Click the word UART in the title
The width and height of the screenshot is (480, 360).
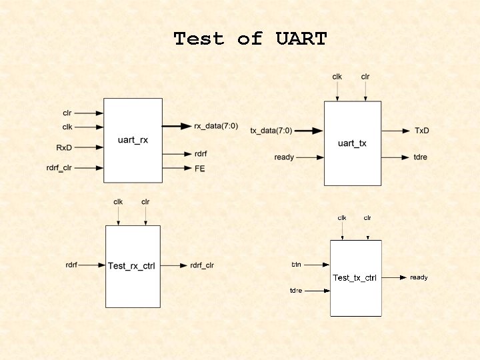point(301,39)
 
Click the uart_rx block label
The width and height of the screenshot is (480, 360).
point(133,139)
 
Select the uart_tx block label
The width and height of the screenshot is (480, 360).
point(352,143)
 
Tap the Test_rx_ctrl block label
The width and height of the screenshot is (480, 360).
point(132,266)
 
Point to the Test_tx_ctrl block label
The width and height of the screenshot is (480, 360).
point(355,277)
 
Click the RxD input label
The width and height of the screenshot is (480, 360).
point(64,147)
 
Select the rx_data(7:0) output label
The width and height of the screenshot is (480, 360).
point(216,126)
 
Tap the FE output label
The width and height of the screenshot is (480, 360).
point(199,169)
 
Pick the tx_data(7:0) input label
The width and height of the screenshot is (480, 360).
point(271,131)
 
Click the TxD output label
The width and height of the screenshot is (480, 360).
point(421,131)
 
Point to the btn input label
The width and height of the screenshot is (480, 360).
point(296,265)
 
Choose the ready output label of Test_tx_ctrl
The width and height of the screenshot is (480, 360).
point(419,277)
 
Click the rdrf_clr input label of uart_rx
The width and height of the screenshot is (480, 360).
point(59,168)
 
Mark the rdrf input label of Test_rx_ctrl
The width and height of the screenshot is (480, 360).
point(71,265)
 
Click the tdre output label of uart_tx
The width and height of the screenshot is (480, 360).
point(421,157)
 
